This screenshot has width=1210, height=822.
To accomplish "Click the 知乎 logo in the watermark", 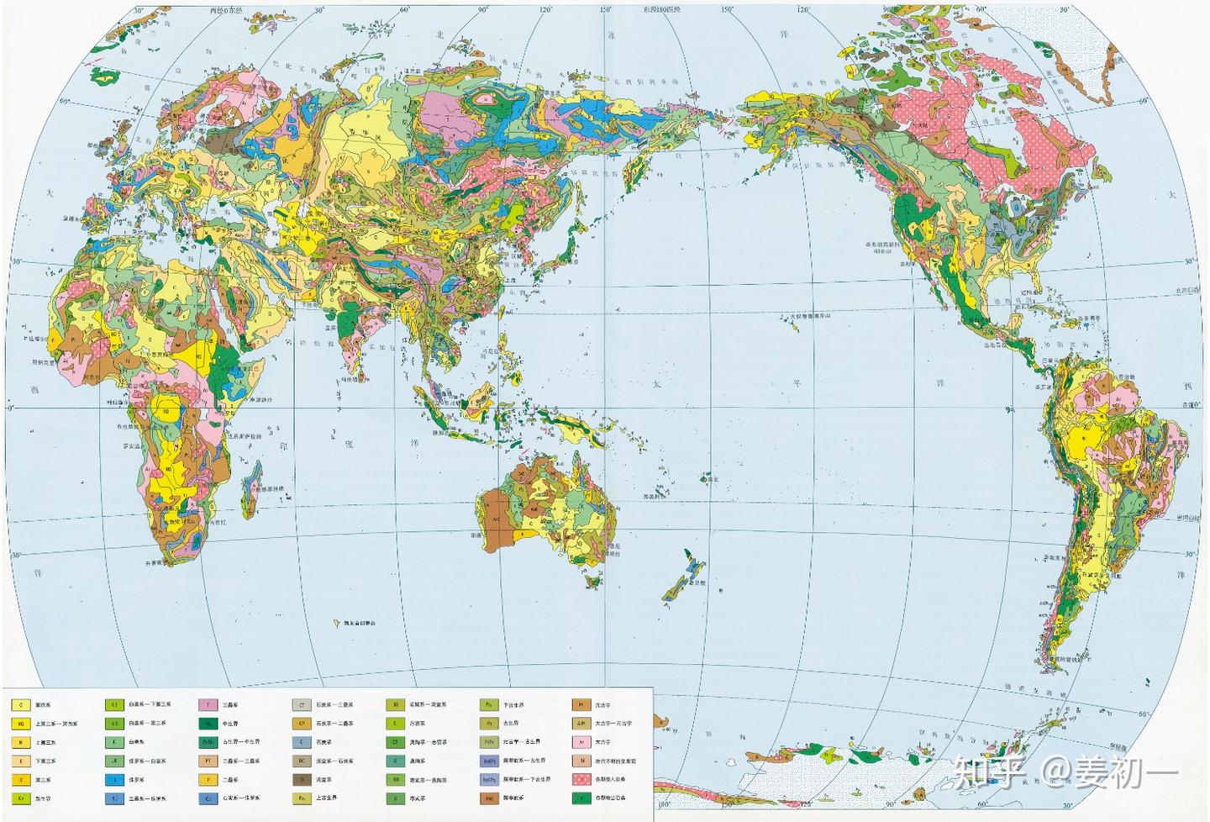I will (x=988, y=772).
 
